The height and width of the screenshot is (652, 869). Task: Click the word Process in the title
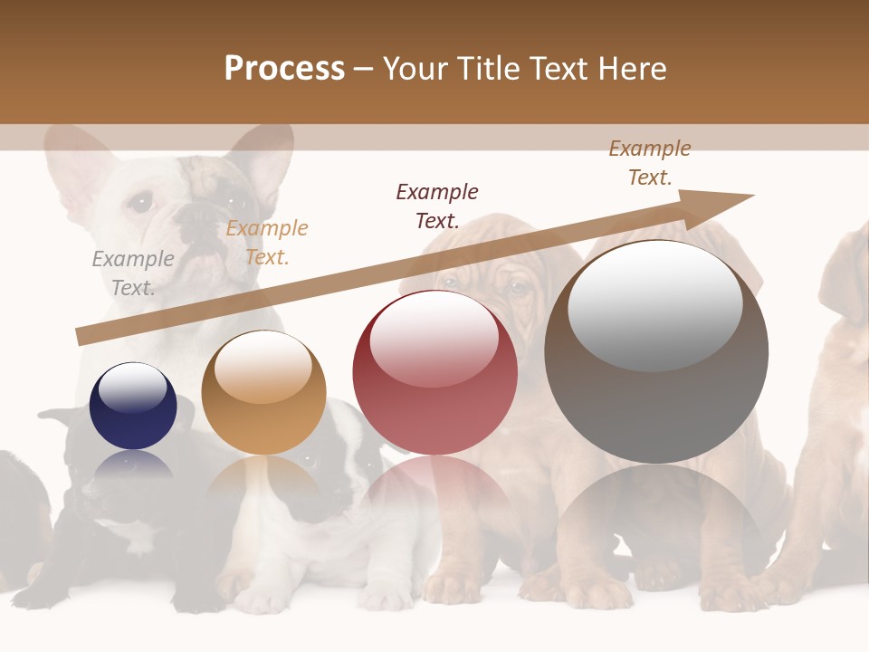click(x=284, y=69)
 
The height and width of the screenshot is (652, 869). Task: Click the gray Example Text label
click(x=133, y=273)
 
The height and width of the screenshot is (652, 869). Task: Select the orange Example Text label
click(x=267, y=242)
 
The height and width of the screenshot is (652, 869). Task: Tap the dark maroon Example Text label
click(x=437, y=206)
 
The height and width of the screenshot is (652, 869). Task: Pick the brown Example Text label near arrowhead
click(x=650, y=162)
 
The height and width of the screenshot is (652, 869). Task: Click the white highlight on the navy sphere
click(x=133, y=387)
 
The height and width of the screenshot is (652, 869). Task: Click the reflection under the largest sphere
click(x=656, y=507)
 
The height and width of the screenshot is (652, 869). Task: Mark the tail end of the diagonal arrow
click(x=81, y=337)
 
